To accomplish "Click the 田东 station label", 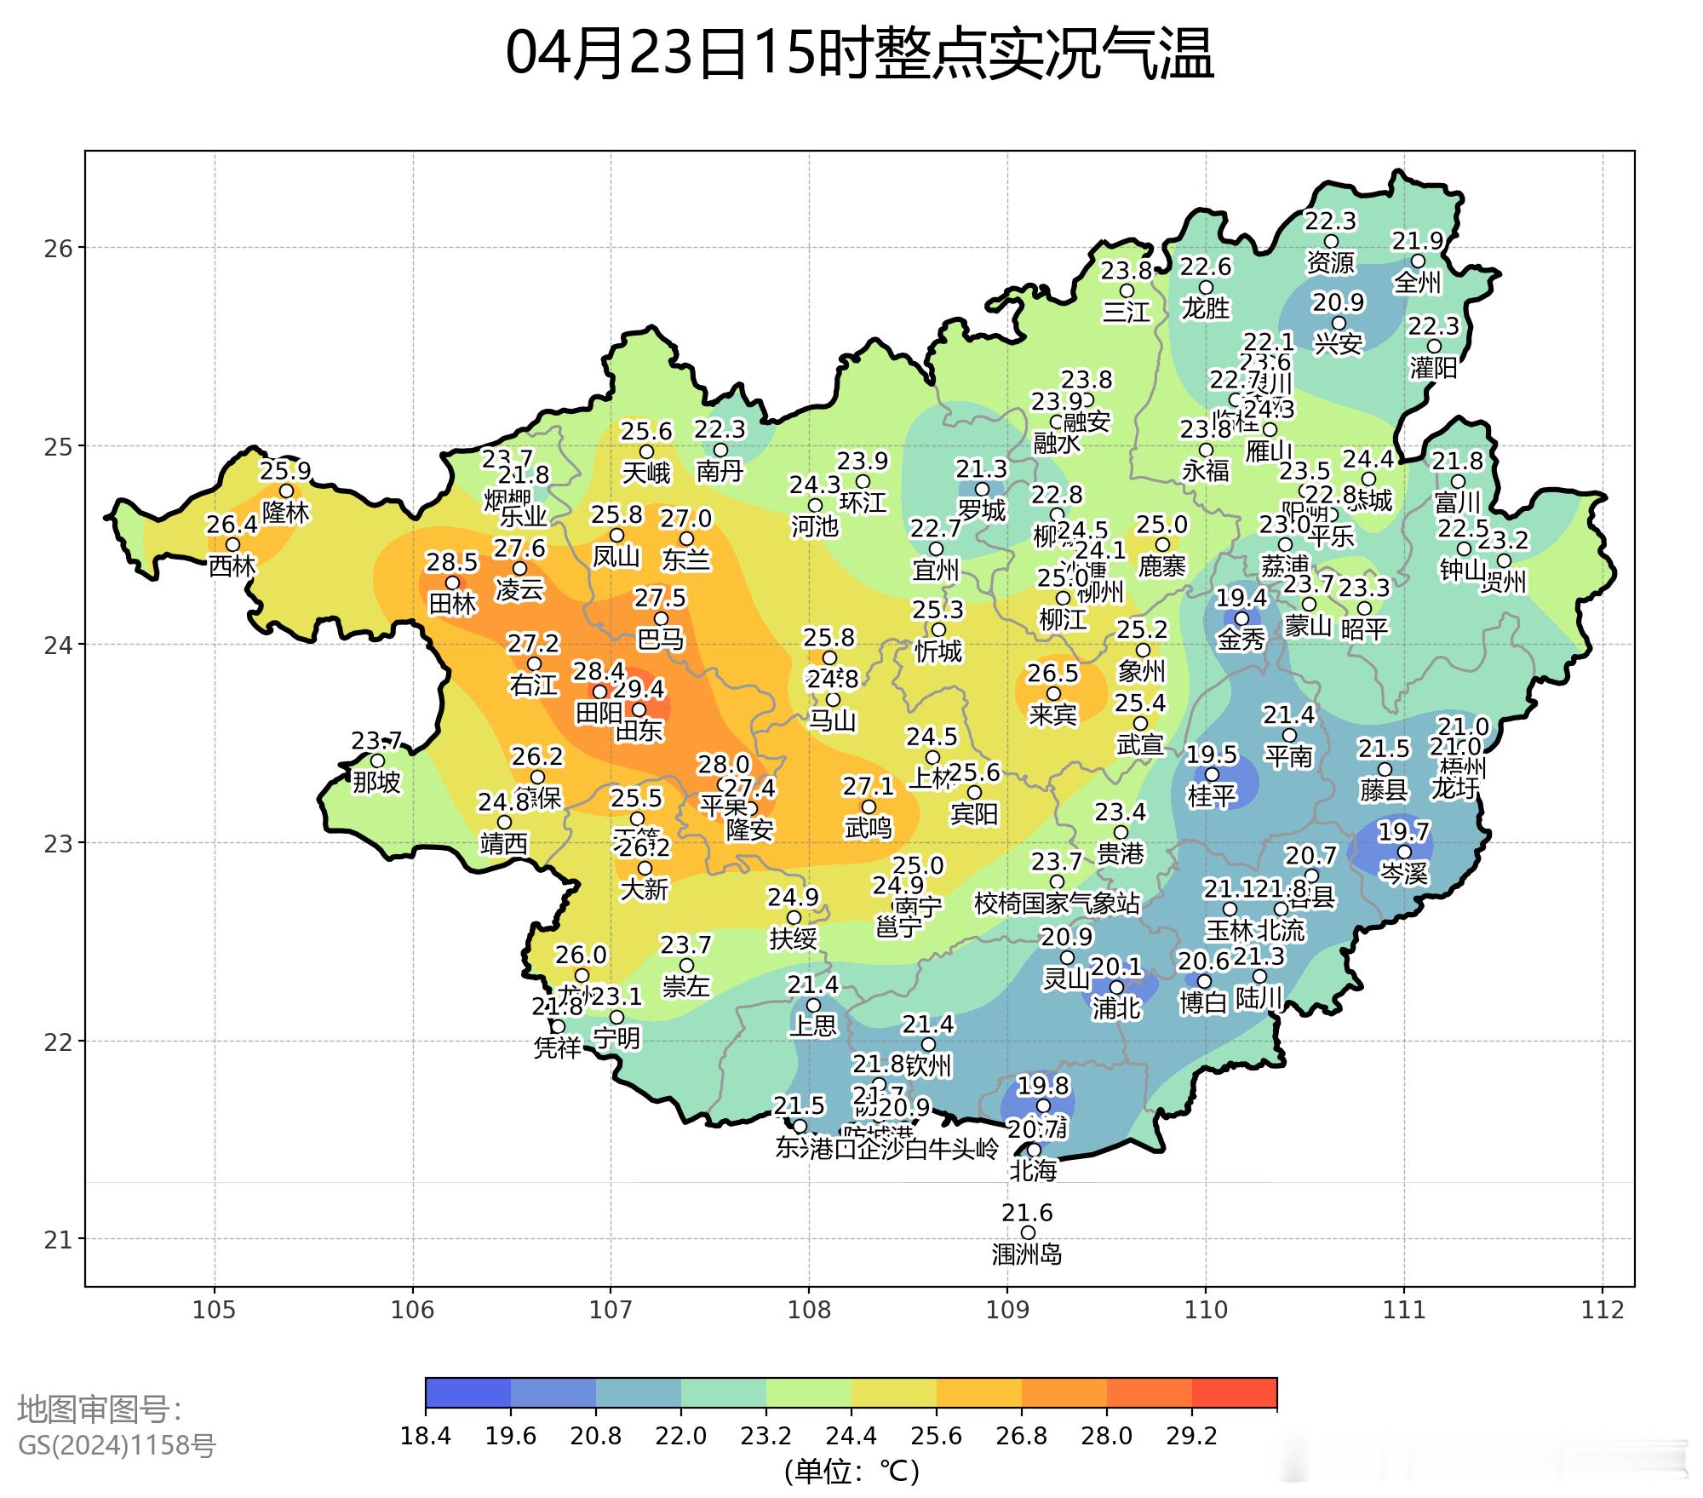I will pyautogui.click(x=639, y=731).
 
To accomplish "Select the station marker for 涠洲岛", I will pyautogui.click(x=1028, y=1232).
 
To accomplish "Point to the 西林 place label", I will pyautogui.click(x=232, y=565).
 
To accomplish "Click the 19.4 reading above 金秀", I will pyautogui.click(x=1241, y=598).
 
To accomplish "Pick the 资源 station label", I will pyautogui.click(x=1330, y=262).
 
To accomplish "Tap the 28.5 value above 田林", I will pyautogui.click(x=452, y=562).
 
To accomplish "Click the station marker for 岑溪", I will pyautogui.click(x=1404, y=852).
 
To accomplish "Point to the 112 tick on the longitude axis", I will pyautogui.click(x=1603, y=1310).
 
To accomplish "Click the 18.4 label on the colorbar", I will pyautogui.click(x=425, y=1437).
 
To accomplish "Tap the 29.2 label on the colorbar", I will pyautogui.click(x=1191, y=1437).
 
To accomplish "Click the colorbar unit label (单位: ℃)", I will pyautogui.click(x=851, y=1471).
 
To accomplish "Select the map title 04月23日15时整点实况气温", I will pyautogui.click(x=859, y=54).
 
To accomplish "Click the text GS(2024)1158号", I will pyautogui.click(x=117, y=1445).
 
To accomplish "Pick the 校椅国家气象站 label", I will pyautogui.click(x=1057, y=903).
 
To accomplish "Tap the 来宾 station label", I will pyautogui.click(x=1053, y=715).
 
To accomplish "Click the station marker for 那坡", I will pyautogui.click(x=377, y=760).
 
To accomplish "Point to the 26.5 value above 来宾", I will pyautogui.click(x=1052, y=674).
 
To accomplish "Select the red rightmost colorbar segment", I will pyautogui.click(x=1234, y=1393).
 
